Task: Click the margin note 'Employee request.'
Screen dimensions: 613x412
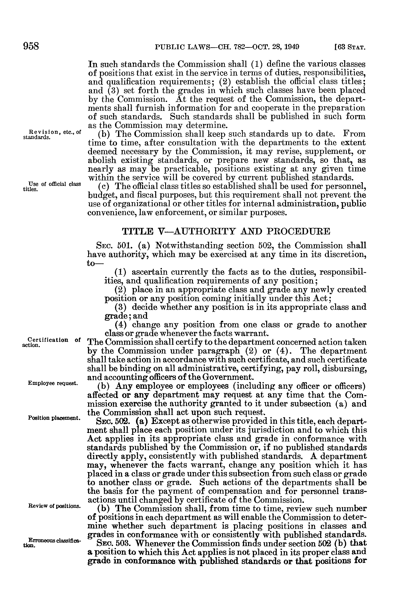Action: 52,383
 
